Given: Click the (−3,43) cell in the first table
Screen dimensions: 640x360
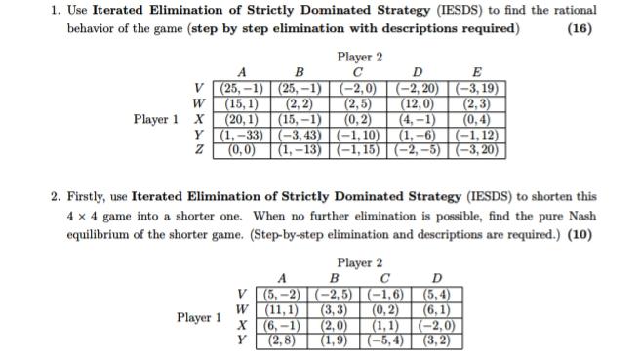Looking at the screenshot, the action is click(300, 134).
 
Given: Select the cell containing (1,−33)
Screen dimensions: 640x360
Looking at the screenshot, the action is click(240, 134).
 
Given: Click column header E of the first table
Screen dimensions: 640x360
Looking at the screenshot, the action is click(475, 71).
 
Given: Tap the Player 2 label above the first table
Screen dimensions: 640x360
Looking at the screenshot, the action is click(359, 57).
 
